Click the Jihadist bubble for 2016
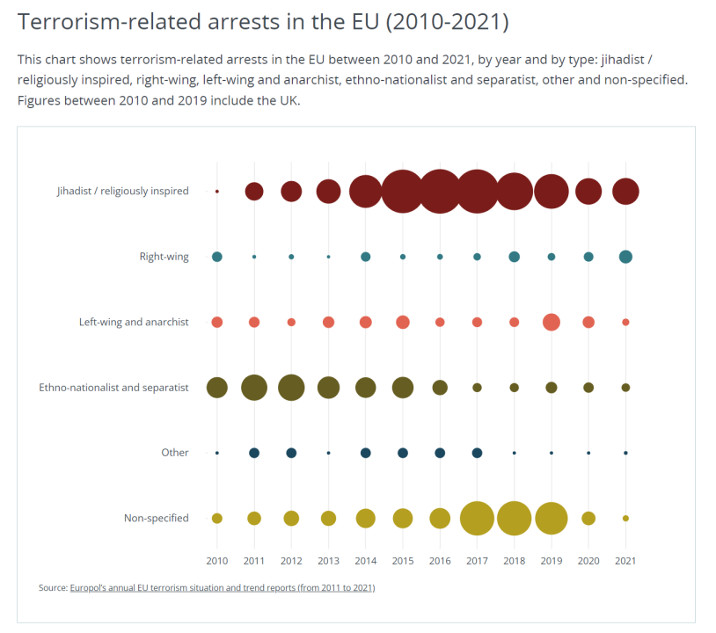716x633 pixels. click(440, 191)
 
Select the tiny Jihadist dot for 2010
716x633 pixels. click(217, 191)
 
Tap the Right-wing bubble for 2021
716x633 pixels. click(625, 257)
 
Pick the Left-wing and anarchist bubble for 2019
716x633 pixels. click(552, 322)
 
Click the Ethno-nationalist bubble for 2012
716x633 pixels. click(291, 387)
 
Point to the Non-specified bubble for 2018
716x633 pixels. click(515, 518)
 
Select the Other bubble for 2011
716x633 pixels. click(254, 453)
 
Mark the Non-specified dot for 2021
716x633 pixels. click(625, 518)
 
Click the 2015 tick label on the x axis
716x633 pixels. click(403, 560)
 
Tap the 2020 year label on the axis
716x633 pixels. click(588, 560)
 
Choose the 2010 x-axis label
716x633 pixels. click(217, 560)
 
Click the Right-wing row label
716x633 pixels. click(164, 257)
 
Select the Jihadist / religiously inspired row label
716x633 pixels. click(122, 191)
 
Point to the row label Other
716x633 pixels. click(174, 453)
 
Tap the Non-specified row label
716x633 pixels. click(156, 518)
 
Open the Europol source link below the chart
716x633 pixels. click(222, 587)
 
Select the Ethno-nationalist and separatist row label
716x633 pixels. click(113, 387)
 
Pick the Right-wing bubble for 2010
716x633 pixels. click(217, 257)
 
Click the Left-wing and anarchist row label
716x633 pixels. click(134, 322)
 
